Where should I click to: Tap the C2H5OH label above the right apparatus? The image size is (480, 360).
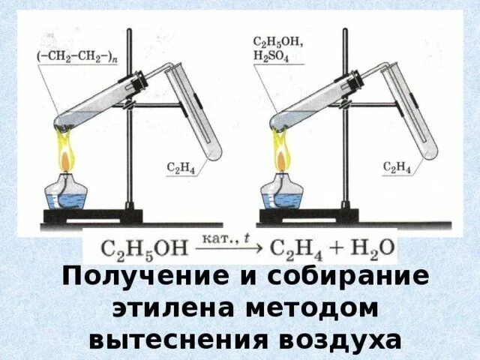click(x=278, y=43)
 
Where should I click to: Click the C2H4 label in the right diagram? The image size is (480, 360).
click(x=397, y=166)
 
